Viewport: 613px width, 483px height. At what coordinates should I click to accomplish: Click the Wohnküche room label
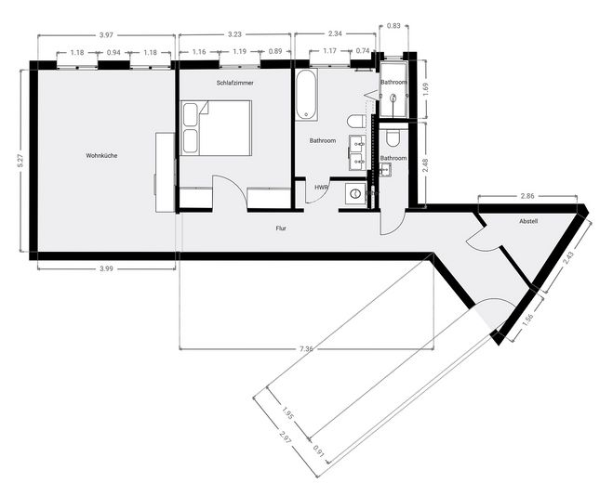point(100,155)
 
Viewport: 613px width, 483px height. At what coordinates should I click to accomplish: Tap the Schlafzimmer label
point(234,84)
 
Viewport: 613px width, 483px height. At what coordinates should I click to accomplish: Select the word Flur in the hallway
point(281,227)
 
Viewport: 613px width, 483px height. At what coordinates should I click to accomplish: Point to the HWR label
point(321,187)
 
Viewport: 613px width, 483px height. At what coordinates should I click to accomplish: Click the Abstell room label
point(529,222)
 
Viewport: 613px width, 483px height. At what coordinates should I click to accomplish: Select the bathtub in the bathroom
point(306,95)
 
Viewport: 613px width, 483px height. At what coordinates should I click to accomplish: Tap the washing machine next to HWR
point(353,193)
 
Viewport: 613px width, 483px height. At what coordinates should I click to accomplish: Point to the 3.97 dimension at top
point(104,35)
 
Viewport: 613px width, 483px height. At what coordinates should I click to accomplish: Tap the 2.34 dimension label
point(335,35)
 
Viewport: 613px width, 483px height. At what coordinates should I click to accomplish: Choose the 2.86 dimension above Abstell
point(527,197)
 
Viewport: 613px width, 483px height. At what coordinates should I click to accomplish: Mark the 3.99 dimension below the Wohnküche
point(105,269)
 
